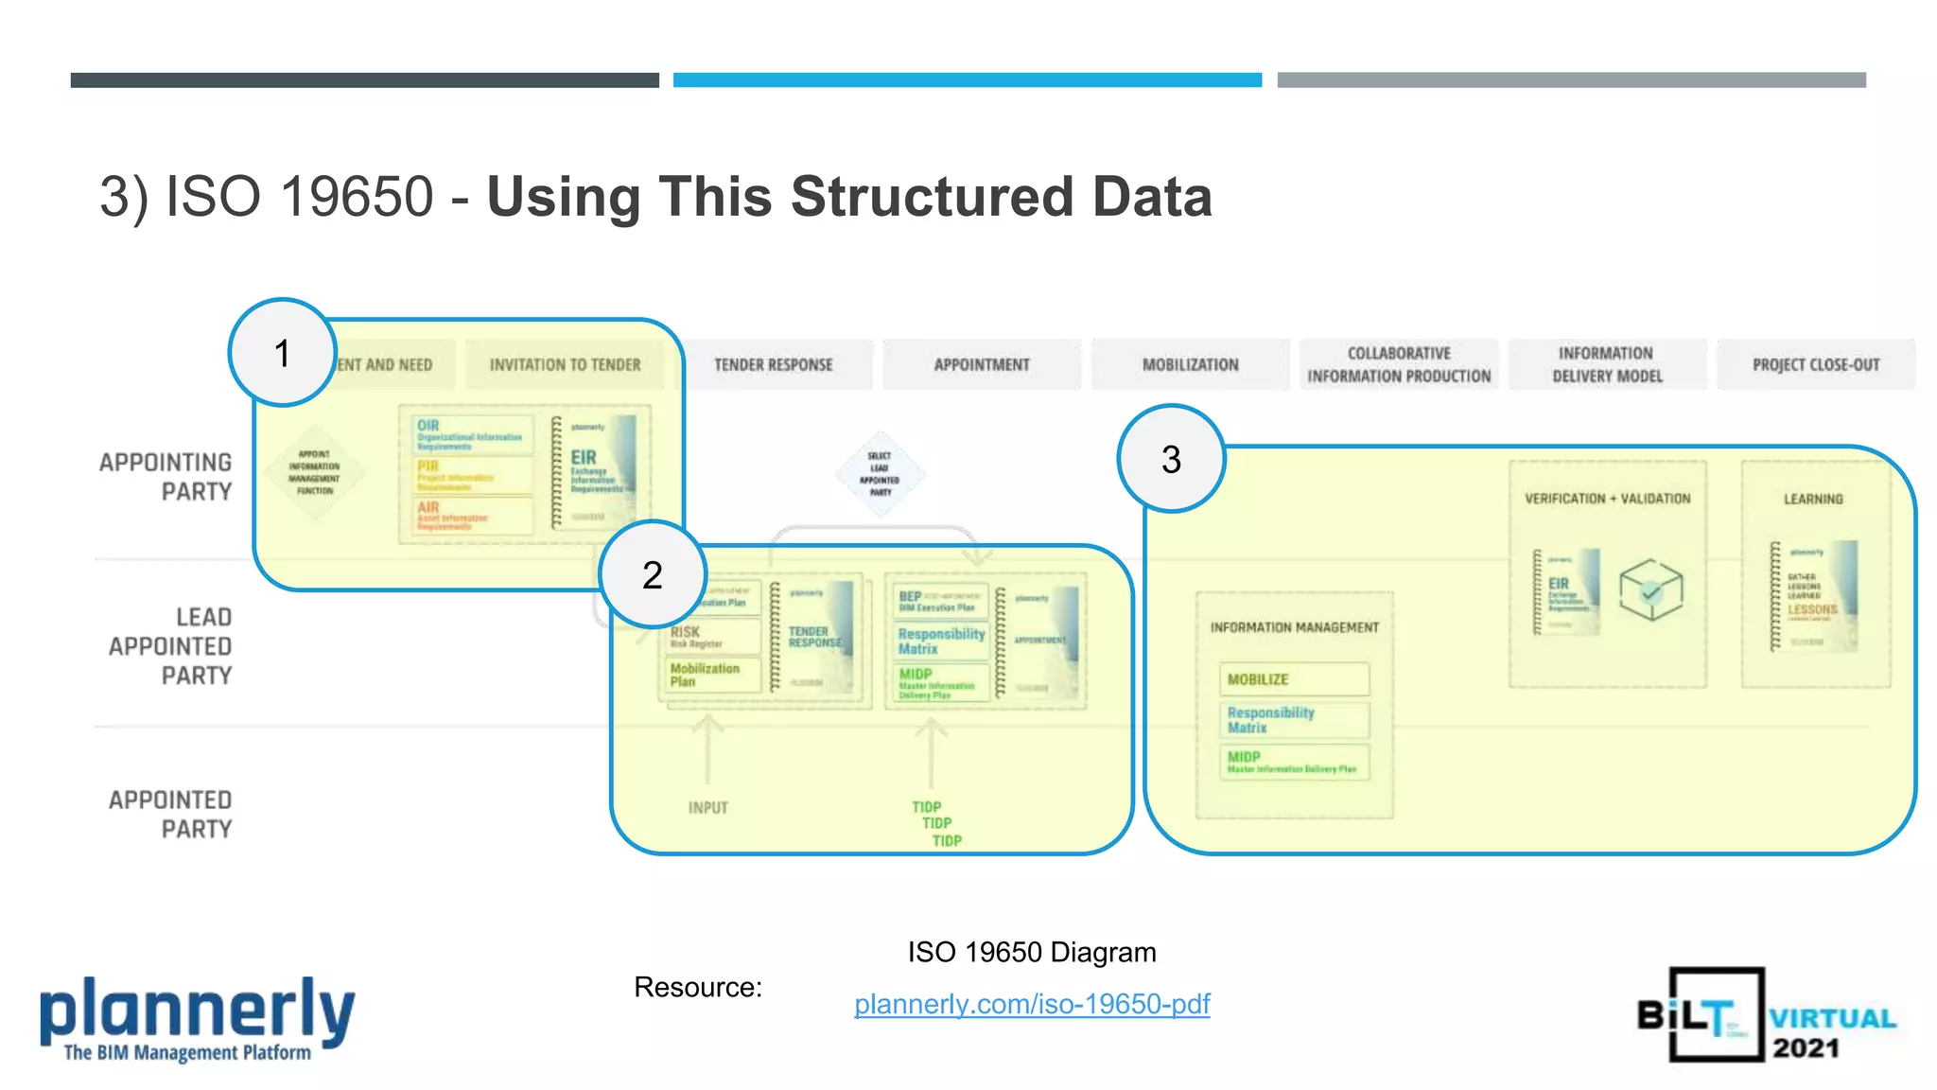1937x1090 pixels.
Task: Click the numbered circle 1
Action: (282, 353)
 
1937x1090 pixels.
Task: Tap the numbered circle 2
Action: (653, 574)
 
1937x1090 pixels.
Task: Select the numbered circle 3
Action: (1171, 459)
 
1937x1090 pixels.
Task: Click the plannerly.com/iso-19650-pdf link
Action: (1032, 1004)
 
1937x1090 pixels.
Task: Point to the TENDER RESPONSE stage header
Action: (774, 365)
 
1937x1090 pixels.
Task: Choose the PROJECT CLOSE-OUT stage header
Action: (1816, 365)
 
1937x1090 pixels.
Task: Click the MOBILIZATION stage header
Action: (1190, 365)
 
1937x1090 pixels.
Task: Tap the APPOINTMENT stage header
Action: (982, 365)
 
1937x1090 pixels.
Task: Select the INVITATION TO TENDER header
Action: (565, 365)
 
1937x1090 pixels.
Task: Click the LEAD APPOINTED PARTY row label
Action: (172, 646)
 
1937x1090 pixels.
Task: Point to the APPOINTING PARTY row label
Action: (167, 477)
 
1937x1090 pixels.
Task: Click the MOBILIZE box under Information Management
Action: (1293, 679)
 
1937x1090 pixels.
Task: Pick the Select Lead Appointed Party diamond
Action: (881, 473)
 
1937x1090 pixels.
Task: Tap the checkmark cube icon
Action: (1650, 590)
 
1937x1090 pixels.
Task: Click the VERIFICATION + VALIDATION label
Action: (1607, 499)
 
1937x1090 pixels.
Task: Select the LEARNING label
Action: (1813, 499)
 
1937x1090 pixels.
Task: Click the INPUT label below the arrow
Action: (707, 808)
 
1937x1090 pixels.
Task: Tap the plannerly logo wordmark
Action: (197, 1010)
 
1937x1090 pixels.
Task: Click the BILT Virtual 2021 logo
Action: (1766, 1015)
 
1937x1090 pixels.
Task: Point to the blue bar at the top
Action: (967, 80)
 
